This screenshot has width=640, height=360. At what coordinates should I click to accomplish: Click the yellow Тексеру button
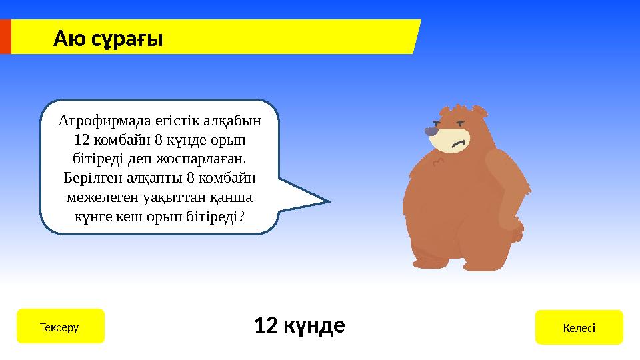(60, 327)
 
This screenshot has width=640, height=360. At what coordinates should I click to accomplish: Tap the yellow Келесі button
(579, 327)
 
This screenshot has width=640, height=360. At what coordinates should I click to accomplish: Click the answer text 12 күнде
(299, 326)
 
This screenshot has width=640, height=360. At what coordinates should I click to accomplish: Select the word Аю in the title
(69, 39)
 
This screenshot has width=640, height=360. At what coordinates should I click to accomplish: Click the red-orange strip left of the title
(5, 37)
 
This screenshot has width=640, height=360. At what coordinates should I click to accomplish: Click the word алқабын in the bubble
(235, 121)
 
